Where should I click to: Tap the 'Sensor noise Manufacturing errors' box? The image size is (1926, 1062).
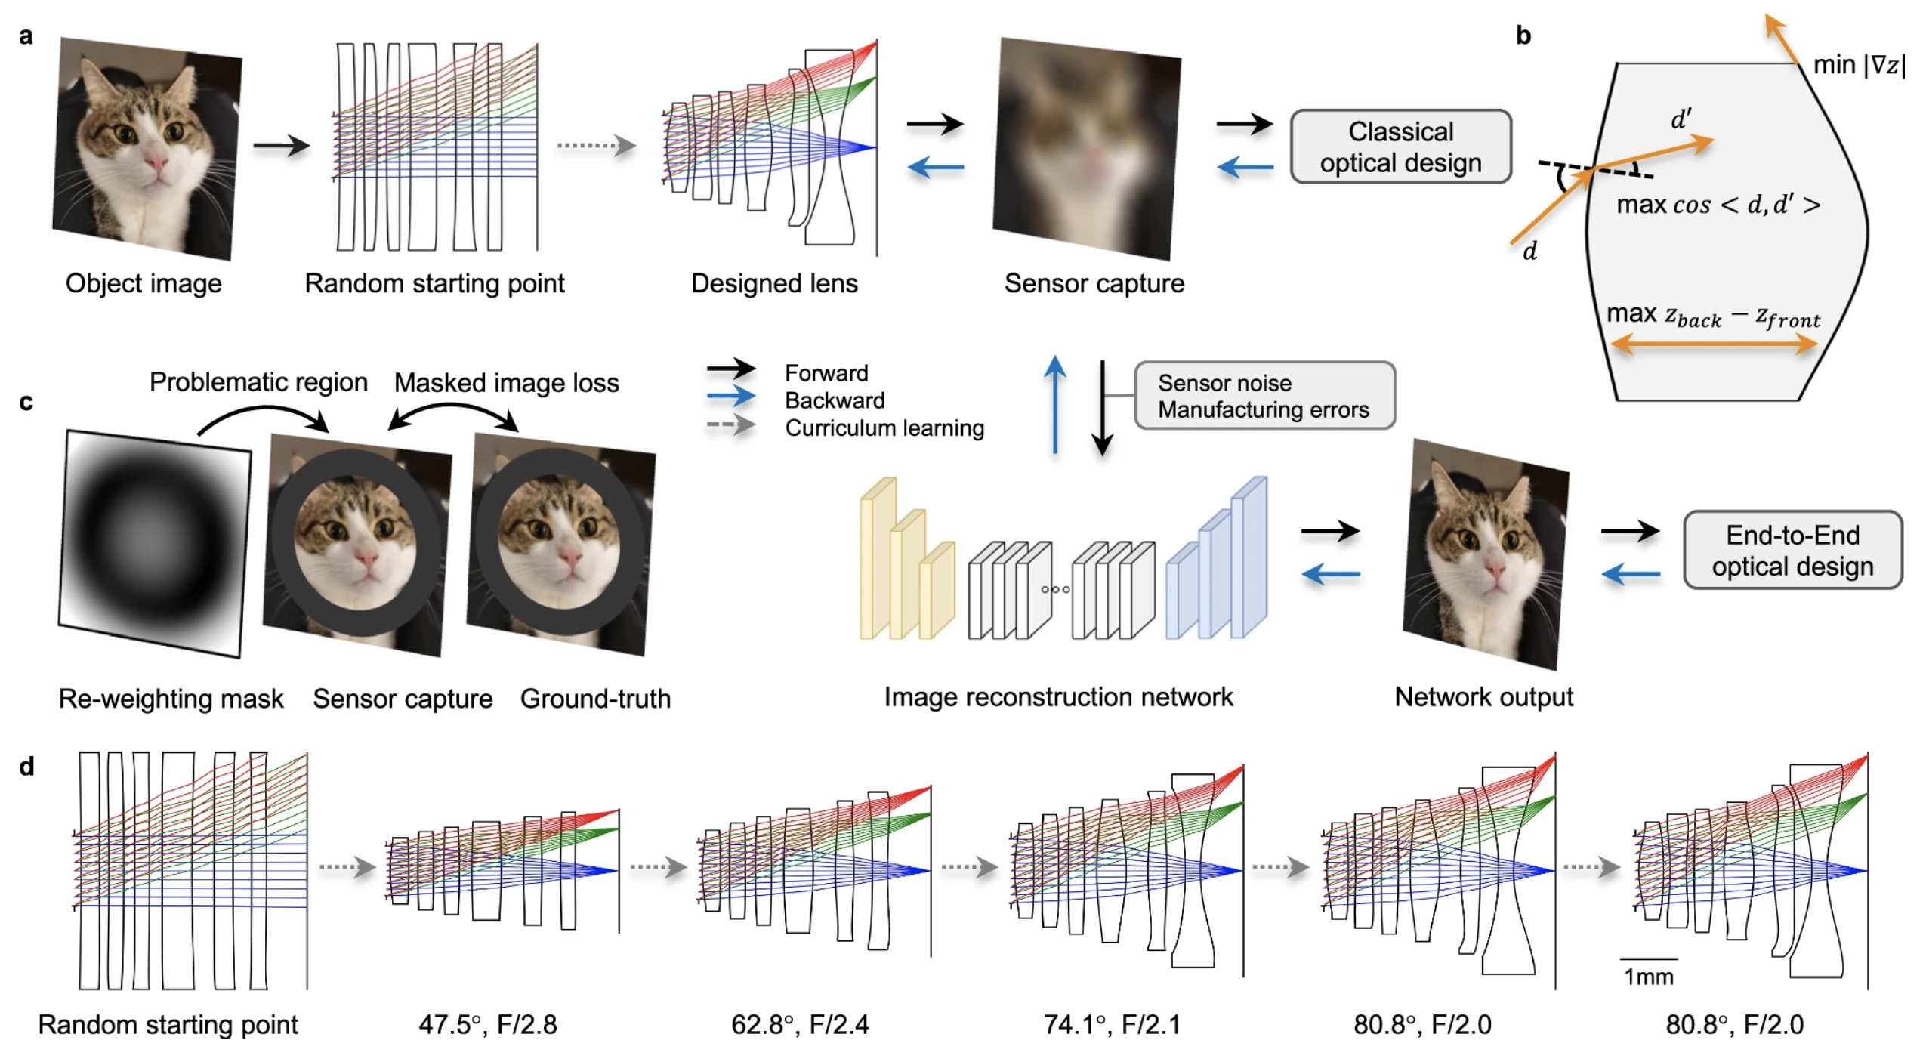(x=1263, y=395)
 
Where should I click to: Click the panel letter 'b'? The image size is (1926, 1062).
(x=1523, y=36)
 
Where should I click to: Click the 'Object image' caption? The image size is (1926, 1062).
(x=144, y=283)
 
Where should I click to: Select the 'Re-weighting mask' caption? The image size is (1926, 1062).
(x=171, y=698)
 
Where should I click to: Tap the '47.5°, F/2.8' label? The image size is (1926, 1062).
(x=487, y=1023)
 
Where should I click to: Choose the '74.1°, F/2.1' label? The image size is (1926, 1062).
(x=1111, y=1023)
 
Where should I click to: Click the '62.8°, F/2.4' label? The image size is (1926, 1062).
(x=799, y=1023)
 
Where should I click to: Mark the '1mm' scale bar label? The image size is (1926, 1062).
(x=1648, y=976)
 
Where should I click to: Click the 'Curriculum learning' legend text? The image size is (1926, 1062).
(x=884, y=428)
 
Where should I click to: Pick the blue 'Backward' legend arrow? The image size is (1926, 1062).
(x=730, y=396)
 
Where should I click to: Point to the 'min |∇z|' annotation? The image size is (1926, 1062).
(x=1858, y=65)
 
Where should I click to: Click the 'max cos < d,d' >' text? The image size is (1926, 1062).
(x=1717, y=205)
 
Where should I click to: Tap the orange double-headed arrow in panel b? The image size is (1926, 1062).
(x=1713, y=345)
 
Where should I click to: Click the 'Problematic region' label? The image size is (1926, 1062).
(x=258, y=381)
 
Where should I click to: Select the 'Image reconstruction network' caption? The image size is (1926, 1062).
(x=1057, y=696)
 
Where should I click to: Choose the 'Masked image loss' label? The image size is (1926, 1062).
(x=506, y=382)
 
